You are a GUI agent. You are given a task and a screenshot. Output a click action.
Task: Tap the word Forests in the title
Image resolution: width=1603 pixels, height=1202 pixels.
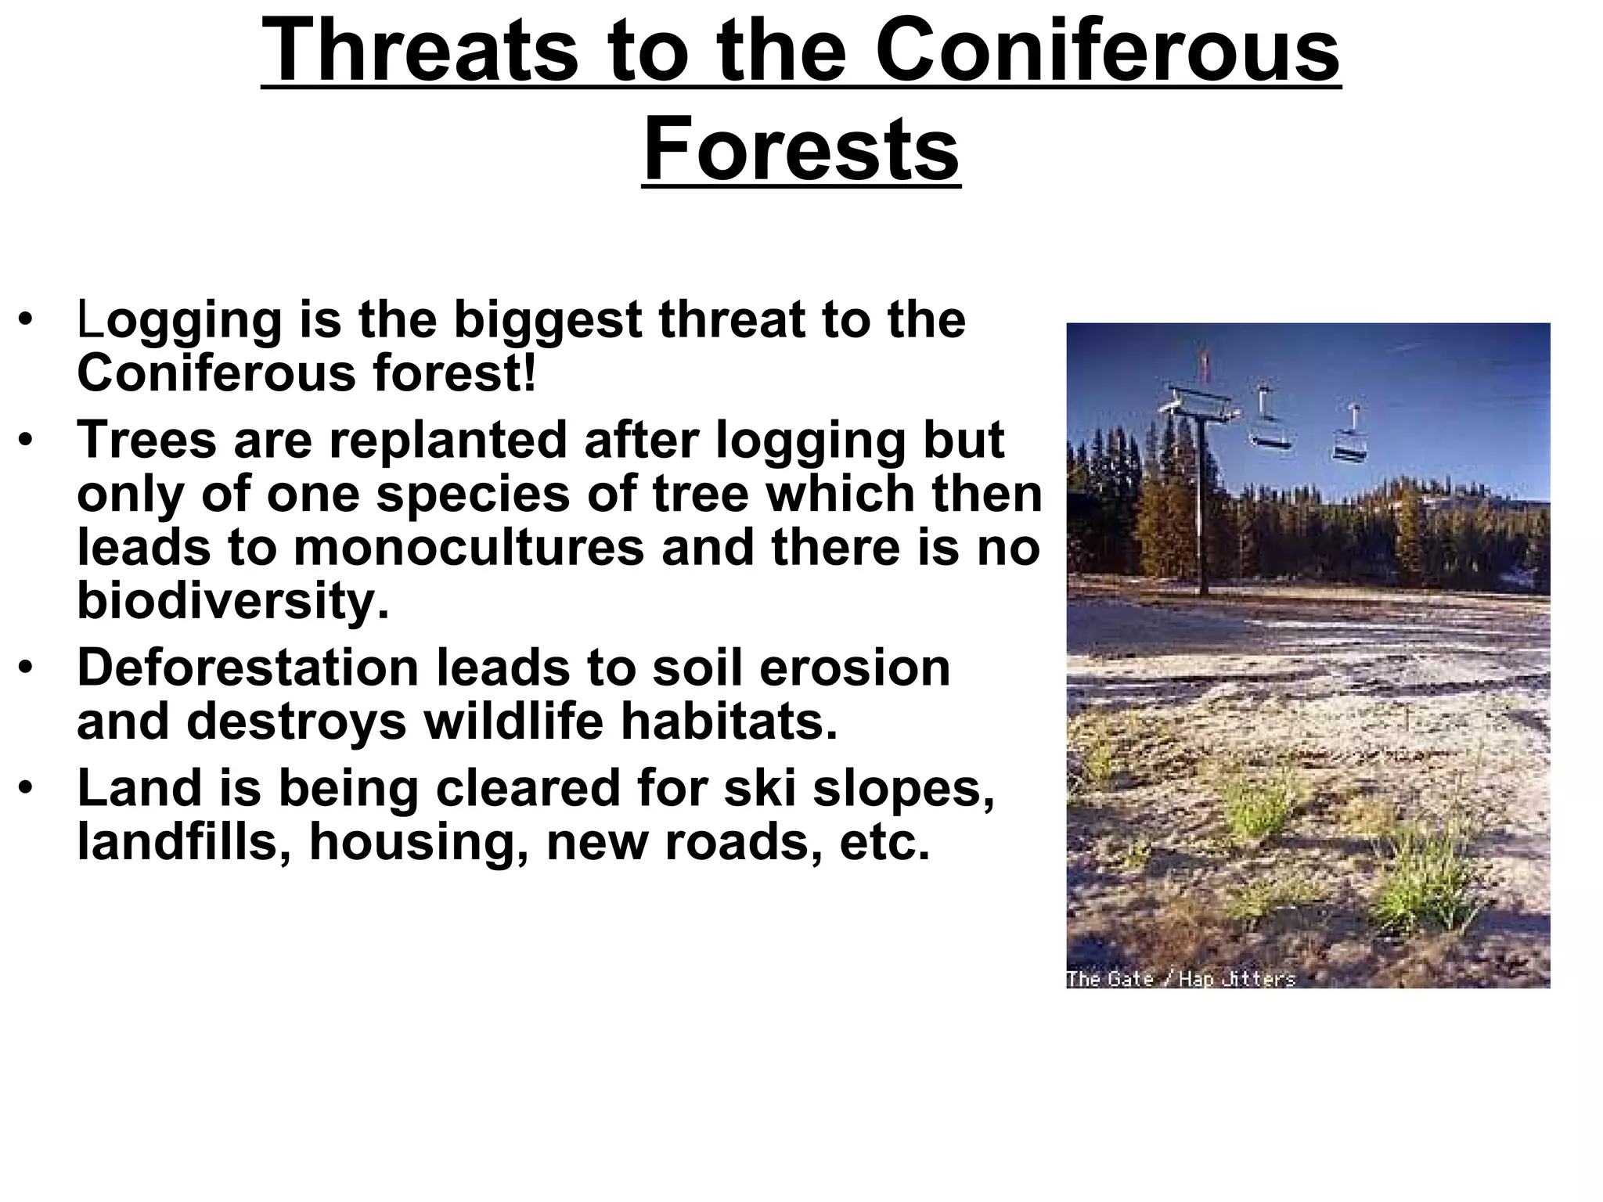click(x=801, y=149)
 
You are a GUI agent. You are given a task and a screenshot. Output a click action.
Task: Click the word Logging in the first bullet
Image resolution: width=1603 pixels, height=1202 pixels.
click(x=179, y=321)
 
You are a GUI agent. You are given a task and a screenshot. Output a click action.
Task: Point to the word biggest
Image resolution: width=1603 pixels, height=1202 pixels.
click(x=547, y=321)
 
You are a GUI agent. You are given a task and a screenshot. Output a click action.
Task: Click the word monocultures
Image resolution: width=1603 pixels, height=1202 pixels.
click(x=468, y=547)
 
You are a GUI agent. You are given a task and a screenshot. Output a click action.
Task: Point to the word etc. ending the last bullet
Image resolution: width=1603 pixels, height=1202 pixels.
click(x=884, y=842)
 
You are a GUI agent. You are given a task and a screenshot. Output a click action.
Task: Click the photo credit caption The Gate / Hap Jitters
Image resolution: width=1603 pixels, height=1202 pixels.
click(x=1180, y=978)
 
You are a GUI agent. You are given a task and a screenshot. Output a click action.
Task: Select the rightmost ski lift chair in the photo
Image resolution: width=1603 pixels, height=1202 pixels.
click(x=1351, y=446)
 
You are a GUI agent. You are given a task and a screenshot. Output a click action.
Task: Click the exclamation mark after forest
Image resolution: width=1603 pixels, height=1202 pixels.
click(x=530, y=373)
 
